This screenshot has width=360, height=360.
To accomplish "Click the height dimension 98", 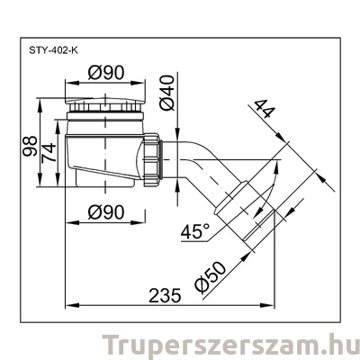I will pyautogui.click(x=30, y=147).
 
